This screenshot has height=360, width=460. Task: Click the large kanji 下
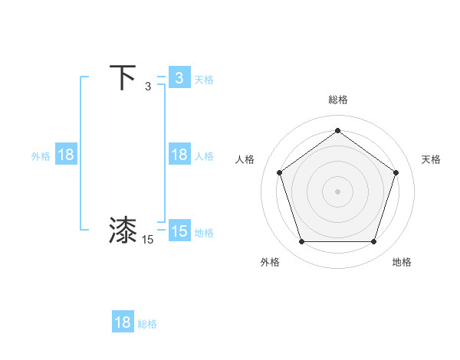[123, 78]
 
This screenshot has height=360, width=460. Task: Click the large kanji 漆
[123, 230]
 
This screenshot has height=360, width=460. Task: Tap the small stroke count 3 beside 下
[148, 87]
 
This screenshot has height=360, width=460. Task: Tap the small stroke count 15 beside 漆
[148, 240]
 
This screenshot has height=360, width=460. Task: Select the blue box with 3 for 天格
[179, 78]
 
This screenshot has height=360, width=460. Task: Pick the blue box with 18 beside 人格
[179, 155]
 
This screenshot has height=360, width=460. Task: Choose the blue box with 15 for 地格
[179, 231]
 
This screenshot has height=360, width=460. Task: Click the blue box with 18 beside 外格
[66, 155]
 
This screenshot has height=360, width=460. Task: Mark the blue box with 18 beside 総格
[123, 322]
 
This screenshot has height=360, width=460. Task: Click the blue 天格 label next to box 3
[204, 79]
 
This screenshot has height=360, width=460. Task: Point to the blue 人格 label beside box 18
[204, 155]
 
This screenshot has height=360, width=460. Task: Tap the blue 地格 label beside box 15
[204, 232]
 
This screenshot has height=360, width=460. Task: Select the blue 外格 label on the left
[41, 155]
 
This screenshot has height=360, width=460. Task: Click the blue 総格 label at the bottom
[147, 324]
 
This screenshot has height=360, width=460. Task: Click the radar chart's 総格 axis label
[337, 100]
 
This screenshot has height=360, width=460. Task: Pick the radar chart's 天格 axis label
[431, 159]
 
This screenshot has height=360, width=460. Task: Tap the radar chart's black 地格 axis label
[402, 263]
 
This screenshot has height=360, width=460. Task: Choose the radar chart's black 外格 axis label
[270, 263]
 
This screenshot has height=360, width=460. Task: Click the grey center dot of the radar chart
[337, 191]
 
